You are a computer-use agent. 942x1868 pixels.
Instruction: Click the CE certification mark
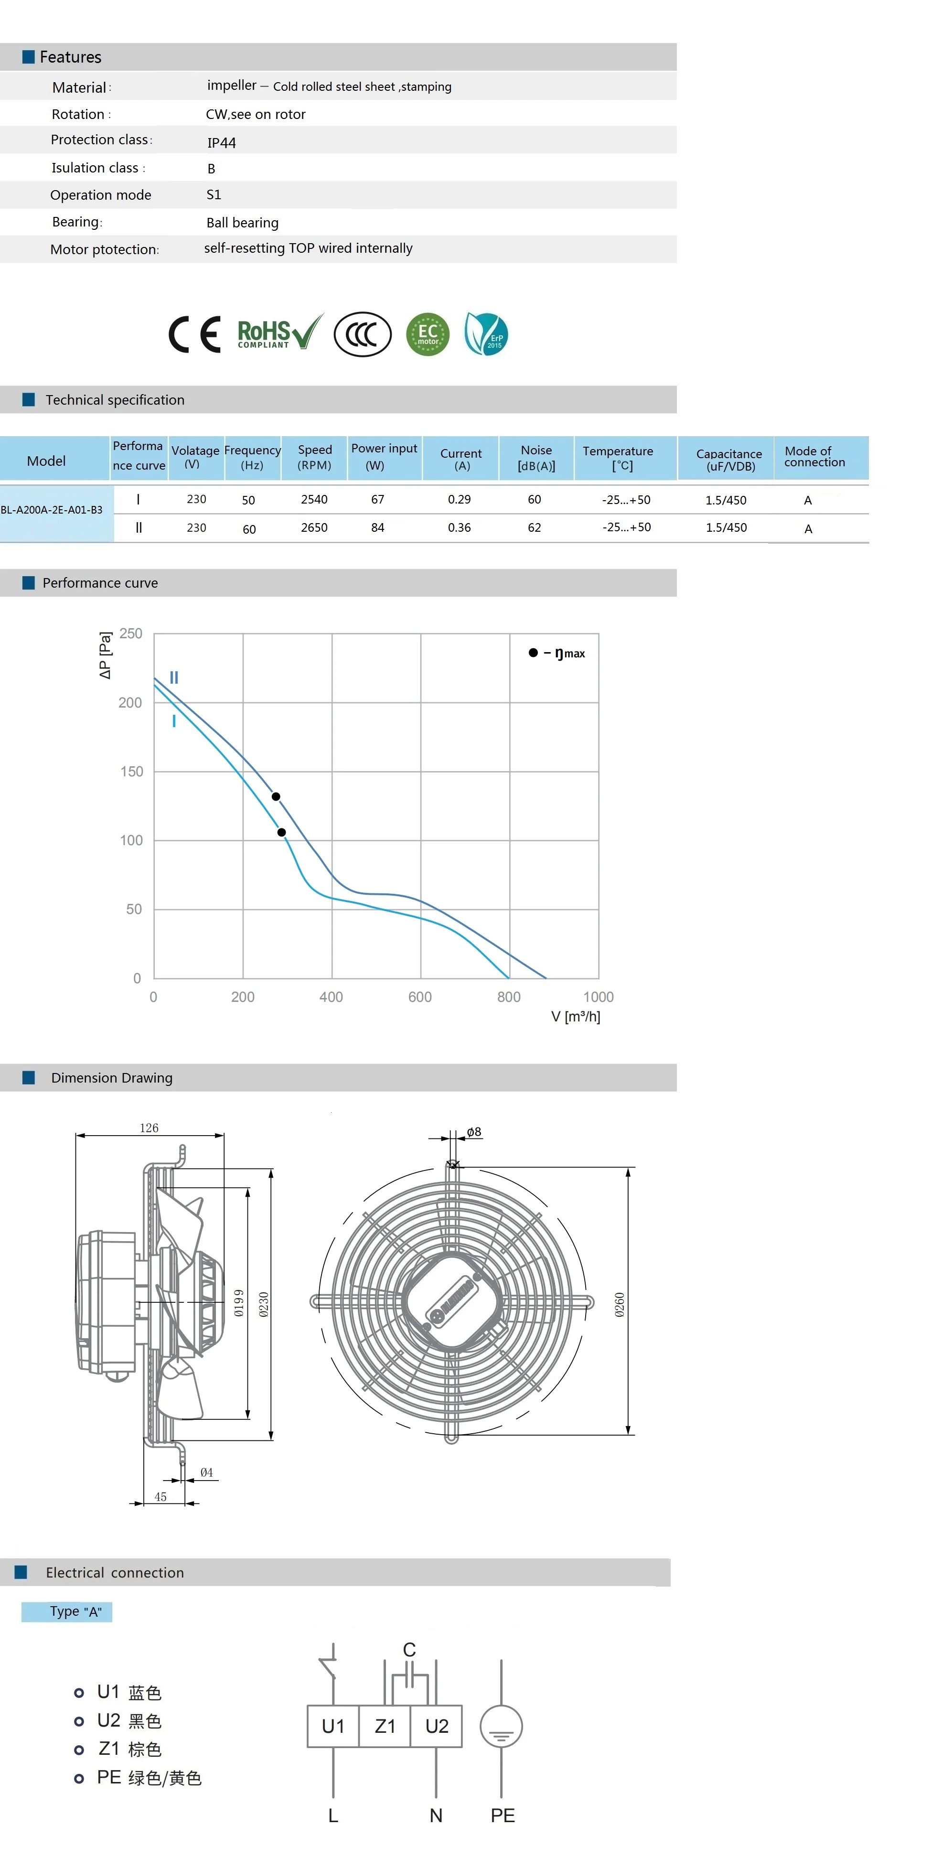click(x=194, y=334)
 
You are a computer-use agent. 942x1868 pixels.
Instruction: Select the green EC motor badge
click(x=428, y=334)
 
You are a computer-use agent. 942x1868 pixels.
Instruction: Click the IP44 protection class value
click(x=221, y=142)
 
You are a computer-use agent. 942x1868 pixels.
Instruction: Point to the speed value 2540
click(x=314, y=499)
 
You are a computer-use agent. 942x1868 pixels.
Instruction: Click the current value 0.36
click(x=459, y=527)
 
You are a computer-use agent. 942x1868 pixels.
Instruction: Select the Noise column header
click(x=536, y=458)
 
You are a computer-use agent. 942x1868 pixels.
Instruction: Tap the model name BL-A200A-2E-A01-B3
click(x=52, y=510)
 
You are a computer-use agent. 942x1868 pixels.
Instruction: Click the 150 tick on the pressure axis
click(x=131, y=772)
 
